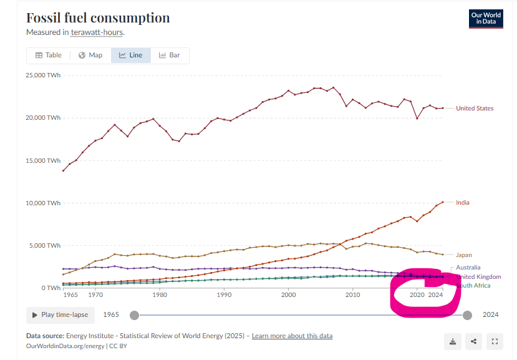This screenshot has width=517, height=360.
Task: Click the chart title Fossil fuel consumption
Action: pos(98,18)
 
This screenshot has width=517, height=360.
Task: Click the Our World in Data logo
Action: pos(485,19)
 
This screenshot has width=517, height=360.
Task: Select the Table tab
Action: pos(49,55)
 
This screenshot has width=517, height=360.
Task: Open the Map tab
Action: pos(90,55)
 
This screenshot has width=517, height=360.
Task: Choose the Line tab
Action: pos(131,55)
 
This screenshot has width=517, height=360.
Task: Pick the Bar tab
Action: pos(170,55)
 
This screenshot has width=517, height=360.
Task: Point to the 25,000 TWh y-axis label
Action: pos(42,75)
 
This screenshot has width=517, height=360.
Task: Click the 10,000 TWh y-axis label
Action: pos(42,203)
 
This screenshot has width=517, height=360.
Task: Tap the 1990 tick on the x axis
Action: pos(224,294)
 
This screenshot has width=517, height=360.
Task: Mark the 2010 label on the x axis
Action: pos(353,294)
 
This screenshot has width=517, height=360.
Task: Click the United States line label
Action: pos(474,108)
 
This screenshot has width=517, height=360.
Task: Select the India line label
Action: pos(463,202)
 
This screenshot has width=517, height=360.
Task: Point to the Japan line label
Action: pos(463,255)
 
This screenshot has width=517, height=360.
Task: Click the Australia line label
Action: pos(468,267)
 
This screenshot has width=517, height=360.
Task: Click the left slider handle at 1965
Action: pos(134,315)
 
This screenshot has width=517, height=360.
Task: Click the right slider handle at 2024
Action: pos(467,315)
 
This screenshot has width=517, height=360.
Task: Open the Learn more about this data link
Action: pos(292,336)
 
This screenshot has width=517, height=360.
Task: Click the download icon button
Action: pos(453,341)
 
